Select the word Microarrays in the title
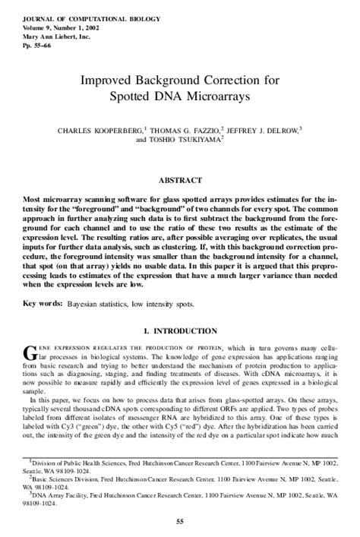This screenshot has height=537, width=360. click(x=223, y=98)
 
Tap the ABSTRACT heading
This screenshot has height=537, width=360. click(x=179, y=181)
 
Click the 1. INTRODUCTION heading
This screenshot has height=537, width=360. click(x=180, y=332)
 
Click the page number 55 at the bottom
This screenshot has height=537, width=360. click(x=180, y=521)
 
